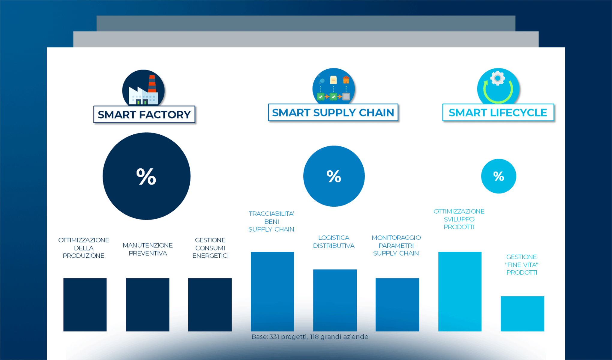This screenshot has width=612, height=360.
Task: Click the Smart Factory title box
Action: point(144,115)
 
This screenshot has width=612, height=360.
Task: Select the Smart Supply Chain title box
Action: point(333,112)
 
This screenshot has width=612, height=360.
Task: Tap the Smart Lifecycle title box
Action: point(498,112)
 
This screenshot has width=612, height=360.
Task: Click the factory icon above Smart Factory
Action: point(143,88)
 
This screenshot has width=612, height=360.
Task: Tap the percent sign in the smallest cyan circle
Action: point(499,176)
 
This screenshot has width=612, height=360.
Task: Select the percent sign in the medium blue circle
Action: point(334,176)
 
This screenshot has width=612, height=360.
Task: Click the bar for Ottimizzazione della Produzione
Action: point(85,304)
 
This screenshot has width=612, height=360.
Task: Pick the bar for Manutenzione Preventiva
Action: point(147,304)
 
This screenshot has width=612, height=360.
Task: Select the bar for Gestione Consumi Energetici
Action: point(210,304)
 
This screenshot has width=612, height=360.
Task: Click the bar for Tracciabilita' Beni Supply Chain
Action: point(272,291)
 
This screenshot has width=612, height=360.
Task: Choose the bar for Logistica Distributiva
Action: point(335,300)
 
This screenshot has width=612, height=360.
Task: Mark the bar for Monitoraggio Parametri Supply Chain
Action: point(397,304)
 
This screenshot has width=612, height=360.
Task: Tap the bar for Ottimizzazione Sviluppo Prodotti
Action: point(460,291)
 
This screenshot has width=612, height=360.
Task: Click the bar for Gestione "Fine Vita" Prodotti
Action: point(522,313)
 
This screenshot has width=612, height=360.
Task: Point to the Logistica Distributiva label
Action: point(334,242)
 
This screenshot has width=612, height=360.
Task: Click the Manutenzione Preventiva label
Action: point(148,249)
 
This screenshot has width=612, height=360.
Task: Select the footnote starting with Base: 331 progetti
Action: point(310,337)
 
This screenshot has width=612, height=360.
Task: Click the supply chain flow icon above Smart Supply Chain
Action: point(333,87)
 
